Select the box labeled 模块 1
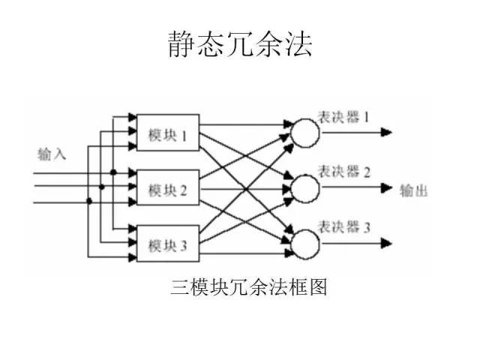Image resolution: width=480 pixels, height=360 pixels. point(167,133)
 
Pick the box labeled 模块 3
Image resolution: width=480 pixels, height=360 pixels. point(167,243)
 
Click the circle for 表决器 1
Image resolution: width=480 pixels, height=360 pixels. point(304,133)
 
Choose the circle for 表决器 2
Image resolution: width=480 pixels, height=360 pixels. point(304,188)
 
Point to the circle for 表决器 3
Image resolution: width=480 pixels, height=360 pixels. point(304,243)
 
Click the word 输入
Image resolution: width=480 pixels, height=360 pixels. point(52,154)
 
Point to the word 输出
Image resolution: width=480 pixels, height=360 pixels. point(414,190)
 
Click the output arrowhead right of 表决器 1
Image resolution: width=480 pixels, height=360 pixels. point(386,133)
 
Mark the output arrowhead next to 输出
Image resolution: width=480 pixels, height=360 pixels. point(386,188)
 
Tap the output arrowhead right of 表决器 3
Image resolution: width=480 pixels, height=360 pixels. point(386,243)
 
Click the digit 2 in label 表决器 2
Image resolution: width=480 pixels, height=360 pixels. point(367,172)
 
